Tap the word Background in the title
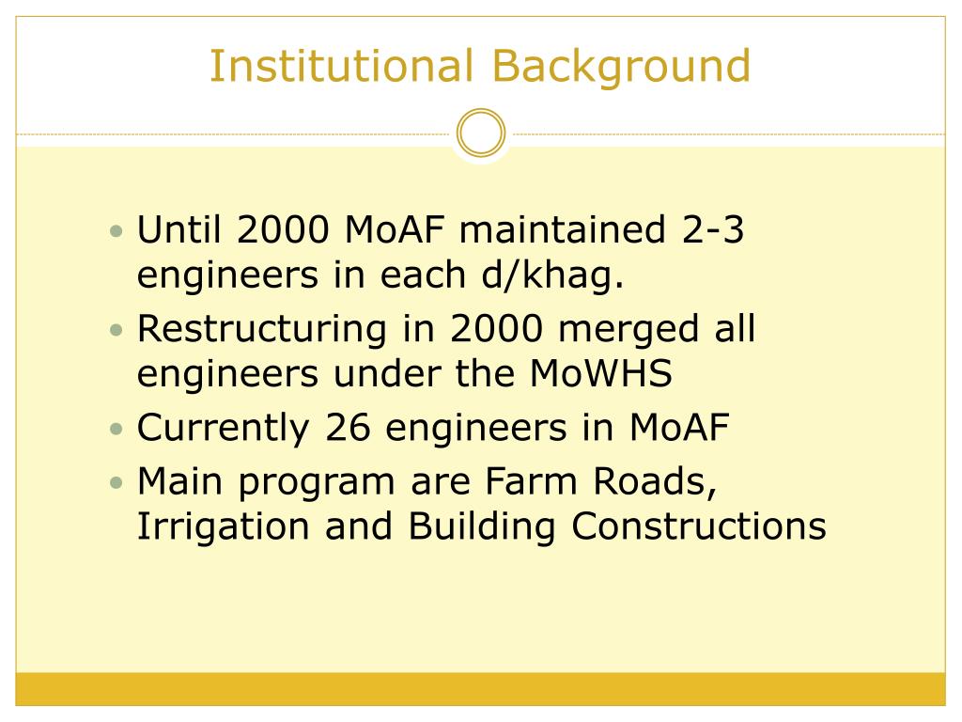pos(621,67)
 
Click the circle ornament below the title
pos(481,133)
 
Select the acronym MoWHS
pos(601,374)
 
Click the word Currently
pos(223,429)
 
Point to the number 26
pos(349,429)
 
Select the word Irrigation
pos(224,527)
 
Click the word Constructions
pos(699,527)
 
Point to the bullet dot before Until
pos(116,231)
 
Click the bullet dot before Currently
pos(116,430)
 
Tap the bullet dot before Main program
pos(116,483)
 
